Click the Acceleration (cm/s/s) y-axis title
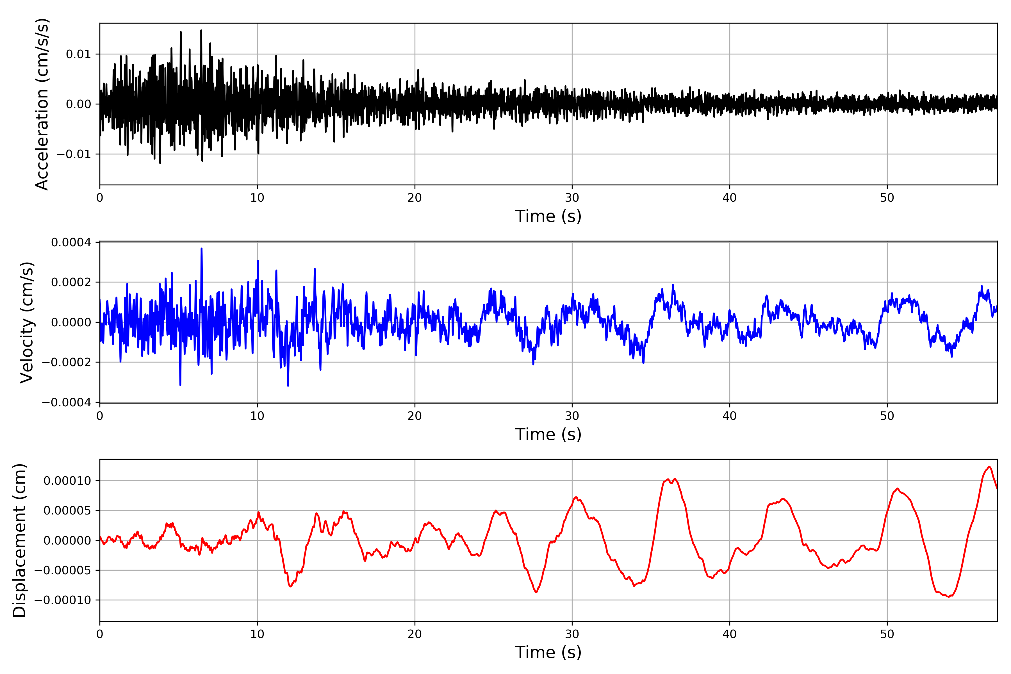[42, 104]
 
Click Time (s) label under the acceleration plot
[548, 216]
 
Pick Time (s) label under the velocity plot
[548, 434]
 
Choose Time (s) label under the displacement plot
[548, 652]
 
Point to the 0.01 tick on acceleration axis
[78, 54]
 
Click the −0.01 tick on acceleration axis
[74, 154]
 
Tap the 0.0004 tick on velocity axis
[71, 242]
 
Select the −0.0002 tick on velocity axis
[67, 362]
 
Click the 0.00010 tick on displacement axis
[67, 481]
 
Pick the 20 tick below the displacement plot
[415, 634]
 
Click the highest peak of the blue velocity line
[202, 249]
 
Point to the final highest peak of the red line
[989, 467]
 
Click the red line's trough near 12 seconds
[291, 586]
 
